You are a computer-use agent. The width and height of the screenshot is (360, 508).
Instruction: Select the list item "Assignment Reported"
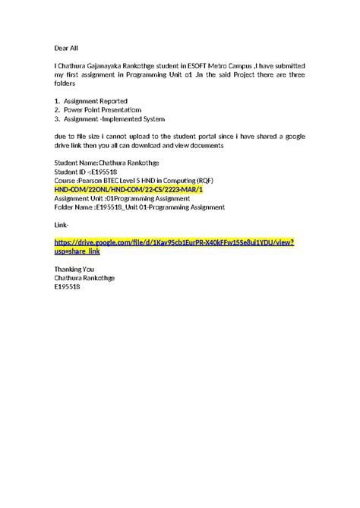tap(96, 101)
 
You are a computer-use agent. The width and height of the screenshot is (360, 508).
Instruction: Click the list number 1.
tap(56, 101)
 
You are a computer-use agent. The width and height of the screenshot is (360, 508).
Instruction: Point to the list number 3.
tap(56, 119)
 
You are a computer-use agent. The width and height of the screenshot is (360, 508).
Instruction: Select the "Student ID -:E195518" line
tap(84, 172)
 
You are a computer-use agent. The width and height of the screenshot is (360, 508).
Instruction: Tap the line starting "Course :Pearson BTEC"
tap(133, 181)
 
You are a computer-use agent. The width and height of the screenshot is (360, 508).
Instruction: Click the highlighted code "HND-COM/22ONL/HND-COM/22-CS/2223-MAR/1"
tap(128, 190)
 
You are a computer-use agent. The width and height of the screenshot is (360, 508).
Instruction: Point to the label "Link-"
tap(62, 226)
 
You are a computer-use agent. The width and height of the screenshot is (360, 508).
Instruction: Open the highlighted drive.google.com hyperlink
tap(174, 242)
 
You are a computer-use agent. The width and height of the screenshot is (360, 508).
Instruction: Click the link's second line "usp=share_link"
tap(77, 251)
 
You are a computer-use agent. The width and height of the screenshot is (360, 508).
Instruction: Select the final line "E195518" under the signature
tap(67, 287)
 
